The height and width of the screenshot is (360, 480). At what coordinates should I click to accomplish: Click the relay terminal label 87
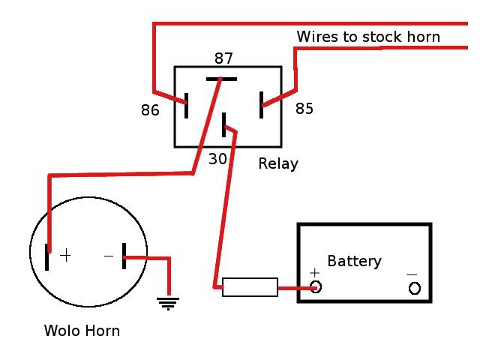point(223,58)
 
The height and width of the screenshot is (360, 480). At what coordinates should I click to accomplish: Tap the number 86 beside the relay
point(151,110)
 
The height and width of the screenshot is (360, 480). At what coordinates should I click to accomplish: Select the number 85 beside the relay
point(304,109)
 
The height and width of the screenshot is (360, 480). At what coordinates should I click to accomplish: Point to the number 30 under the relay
point(217,159)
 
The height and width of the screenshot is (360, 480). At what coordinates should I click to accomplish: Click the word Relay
point(278,163)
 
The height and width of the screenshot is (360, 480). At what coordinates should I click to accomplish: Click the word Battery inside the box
point(354,261)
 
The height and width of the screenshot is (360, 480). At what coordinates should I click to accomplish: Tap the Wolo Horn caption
point(82,331)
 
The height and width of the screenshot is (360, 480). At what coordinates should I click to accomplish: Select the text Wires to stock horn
point(368,37)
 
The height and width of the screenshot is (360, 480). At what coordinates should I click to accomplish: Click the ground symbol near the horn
point(167,303)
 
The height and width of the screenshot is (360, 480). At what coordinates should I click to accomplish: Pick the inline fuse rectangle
point(250,286)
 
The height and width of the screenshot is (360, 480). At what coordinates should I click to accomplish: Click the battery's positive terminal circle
point(316,286)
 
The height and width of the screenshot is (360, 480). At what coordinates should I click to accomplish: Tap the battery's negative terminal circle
point(414,288)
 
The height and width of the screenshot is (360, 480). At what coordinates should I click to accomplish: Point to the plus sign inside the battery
point(314,272)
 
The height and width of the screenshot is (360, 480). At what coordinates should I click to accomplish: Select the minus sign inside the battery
point(412,274)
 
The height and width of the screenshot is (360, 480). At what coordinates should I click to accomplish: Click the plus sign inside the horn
point(66,256)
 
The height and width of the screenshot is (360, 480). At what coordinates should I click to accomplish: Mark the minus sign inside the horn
point(109,256)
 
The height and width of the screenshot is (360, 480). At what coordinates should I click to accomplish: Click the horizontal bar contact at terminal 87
point(221,79)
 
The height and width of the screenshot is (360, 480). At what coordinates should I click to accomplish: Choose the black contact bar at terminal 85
point(262,105)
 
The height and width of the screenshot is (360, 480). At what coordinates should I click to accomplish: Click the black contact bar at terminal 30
point(224,124)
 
